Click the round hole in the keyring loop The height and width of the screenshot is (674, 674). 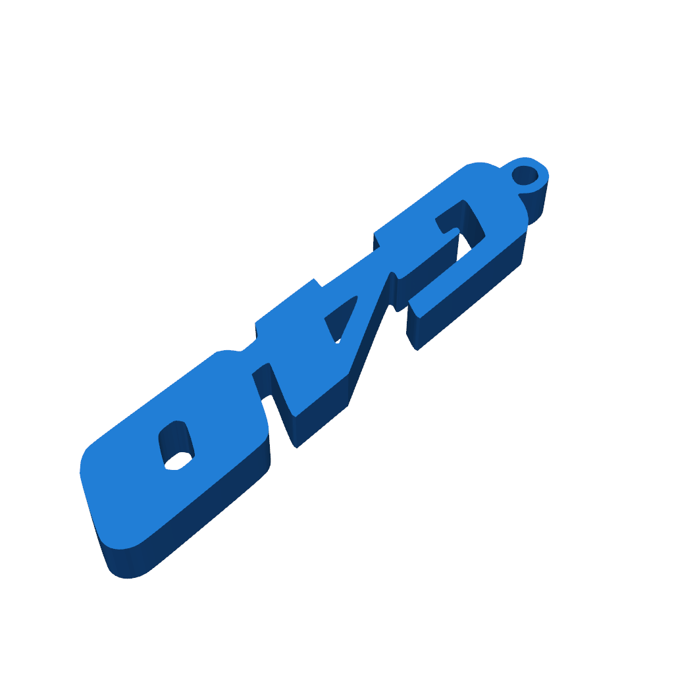[525, 175]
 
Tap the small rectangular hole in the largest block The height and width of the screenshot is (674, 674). [176, 447]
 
